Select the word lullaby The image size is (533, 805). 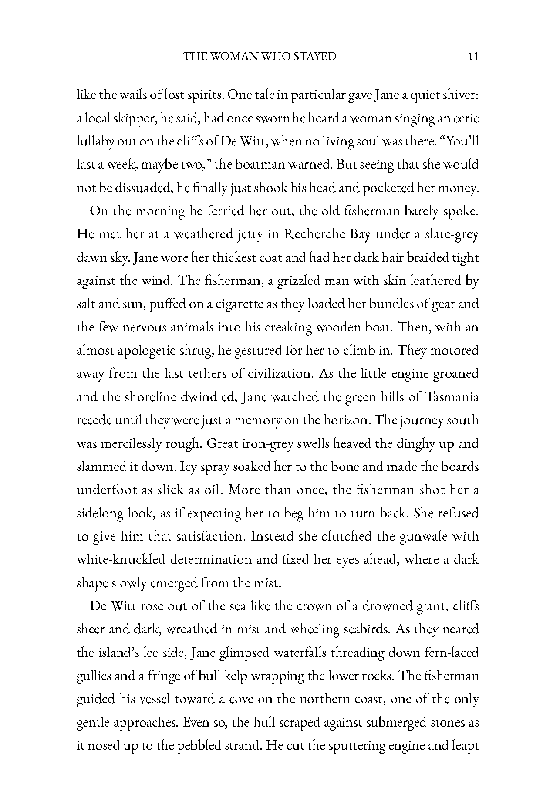click(x=94, y=142)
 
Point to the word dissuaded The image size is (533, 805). click(x=135, y=188)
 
